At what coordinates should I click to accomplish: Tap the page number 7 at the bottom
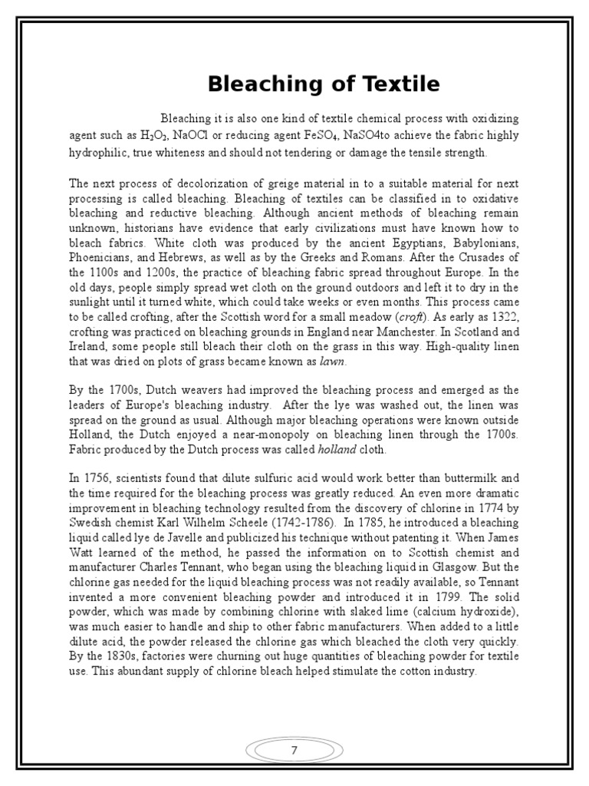point(294,751)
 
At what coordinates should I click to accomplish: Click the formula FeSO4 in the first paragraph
point(321,135)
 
